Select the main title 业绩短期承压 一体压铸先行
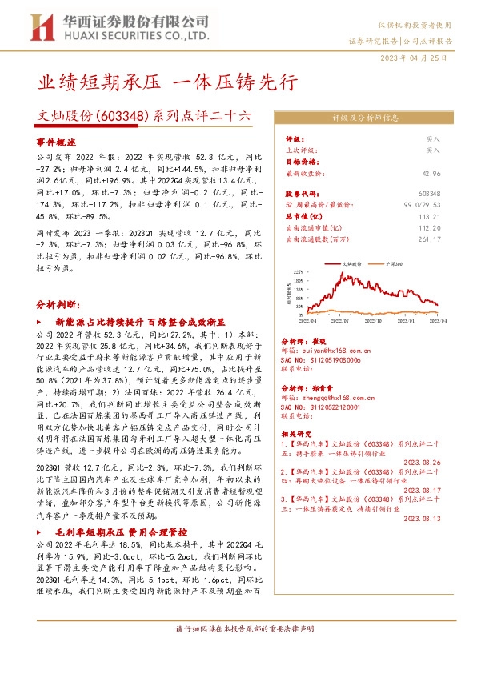click(x=168, y=82)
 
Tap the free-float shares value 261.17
click(x=450, y=236)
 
